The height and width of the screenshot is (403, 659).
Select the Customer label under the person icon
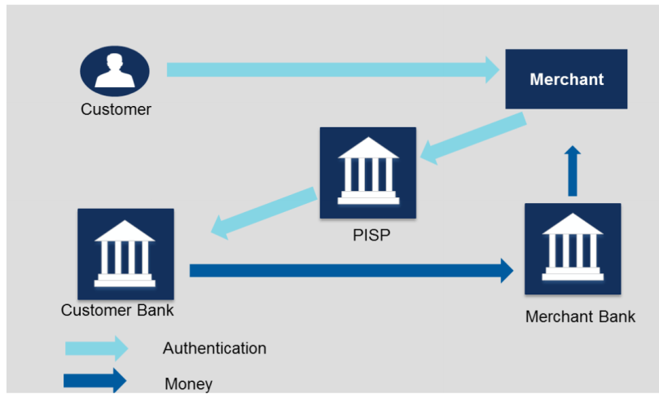coord(116,109)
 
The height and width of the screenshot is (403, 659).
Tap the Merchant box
coord(566,79)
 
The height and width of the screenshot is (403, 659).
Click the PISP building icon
coord(368,172)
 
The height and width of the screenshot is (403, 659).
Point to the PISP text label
coord(368,237)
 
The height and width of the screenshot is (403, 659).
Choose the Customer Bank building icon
coord(125,254)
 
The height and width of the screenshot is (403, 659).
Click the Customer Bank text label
coord(117,311)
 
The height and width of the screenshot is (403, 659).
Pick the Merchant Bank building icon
coord(573,249)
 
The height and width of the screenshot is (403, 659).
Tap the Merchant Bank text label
coord(580,317)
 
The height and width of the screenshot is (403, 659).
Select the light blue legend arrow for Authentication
coord(96,348)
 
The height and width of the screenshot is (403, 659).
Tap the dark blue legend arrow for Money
coord(96,381)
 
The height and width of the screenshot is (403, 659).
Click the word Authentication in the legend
coord(214,348)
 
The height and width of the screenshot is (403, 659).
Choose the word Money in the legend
coord(188,383)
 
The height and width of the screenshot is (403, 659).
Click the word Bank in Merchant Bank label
coord(617,317)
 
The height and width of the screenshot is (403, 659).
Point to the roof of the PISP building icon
coord(368,148)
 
